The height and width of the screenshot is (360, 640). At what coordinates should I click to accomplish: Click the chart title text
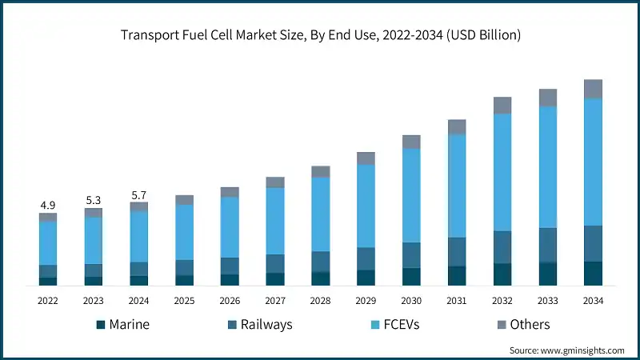click(320, 34)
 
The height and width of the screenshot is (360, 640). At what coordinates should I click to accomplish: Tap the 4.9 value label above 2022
click(48, 205)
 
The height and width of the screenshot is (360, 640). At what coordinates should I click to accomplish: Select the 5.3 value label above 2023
click(94, 200)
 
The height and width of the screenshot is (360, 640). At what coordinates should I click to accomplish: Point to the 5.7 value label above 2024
click(139, 194)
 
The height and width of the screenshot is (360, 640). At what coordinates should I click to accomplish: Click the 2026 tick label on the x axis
click(230, 300)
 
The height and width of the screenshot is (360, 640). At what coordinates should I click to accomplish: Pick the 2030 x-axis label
click(411, 300)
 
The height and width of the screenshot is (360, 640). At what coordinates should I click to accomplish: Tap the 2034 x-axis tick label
click(593, 300)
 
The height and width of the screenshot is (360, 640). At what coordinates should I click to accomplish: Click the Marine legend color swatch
click(101, 325)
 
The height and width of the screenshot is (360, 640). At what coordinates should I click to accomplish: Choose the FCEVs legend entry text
click(402, 325)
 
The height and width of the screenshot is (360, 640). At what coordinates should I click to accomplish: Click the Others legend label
click(530, 325)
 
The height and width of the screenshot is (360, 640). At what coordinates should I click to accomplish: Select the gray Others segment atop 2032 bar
click(502, 105)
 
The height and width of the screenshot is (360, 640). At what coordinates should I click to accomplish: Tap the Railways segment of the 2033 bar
click(547, 245)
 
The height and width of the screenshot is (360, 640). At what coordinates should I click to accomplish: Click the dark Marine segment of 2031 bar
click(457, 276)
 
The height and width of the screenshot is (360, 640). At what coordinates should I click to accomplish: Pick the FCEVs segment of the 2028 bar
click(321, 214)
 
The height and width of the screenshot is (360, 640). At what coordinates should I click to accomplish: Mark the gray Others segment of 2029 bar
click(366, 158)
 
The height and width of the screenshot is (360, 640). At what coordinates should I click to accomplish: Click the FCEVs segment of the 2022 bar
click(48, 242)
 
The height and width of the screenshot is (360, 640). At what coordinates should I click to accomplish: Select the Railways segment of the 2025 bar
click(184, 267)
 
